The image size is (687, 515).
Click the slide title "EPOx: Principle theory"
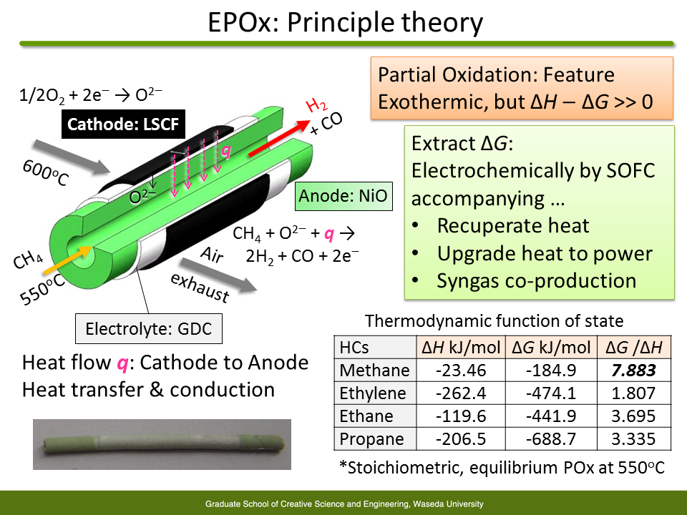point(345,22)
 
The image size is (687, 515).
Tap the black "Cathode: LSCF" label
point(123,124)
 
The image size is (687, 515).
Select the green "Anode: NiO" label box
point(343,196)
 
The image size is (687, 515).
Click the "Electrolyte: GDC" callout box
point(149,328)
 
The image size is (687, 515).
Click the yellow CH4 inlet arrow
point(67,260)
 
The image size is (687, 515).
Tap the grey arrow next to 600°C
point(72,157)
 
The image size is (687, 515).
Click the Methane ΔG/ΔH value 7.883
point(633,371)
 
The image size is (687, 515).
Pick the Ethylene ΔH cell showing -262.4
point(461,393)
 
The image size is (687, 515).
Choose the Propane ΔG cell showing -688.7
point(551,438)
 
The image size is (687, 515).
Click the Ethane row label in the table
point(366,416)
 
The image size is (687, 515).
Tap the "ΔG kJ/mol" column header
point(551,348)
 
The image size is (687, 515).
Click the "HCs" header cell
point(354,348)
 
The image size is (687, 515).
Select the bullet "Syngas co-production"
point(536,280)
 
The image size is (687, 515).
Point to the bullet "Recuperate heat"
point(513,225)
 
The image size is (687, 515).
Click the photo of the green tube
point(162,444)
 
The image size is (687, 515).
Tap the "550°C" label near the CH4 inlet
point(42,290)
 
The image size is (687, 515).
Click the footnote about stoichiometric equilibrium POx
point(502,468)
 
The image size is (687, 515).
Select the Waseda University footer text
point(344,504)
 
